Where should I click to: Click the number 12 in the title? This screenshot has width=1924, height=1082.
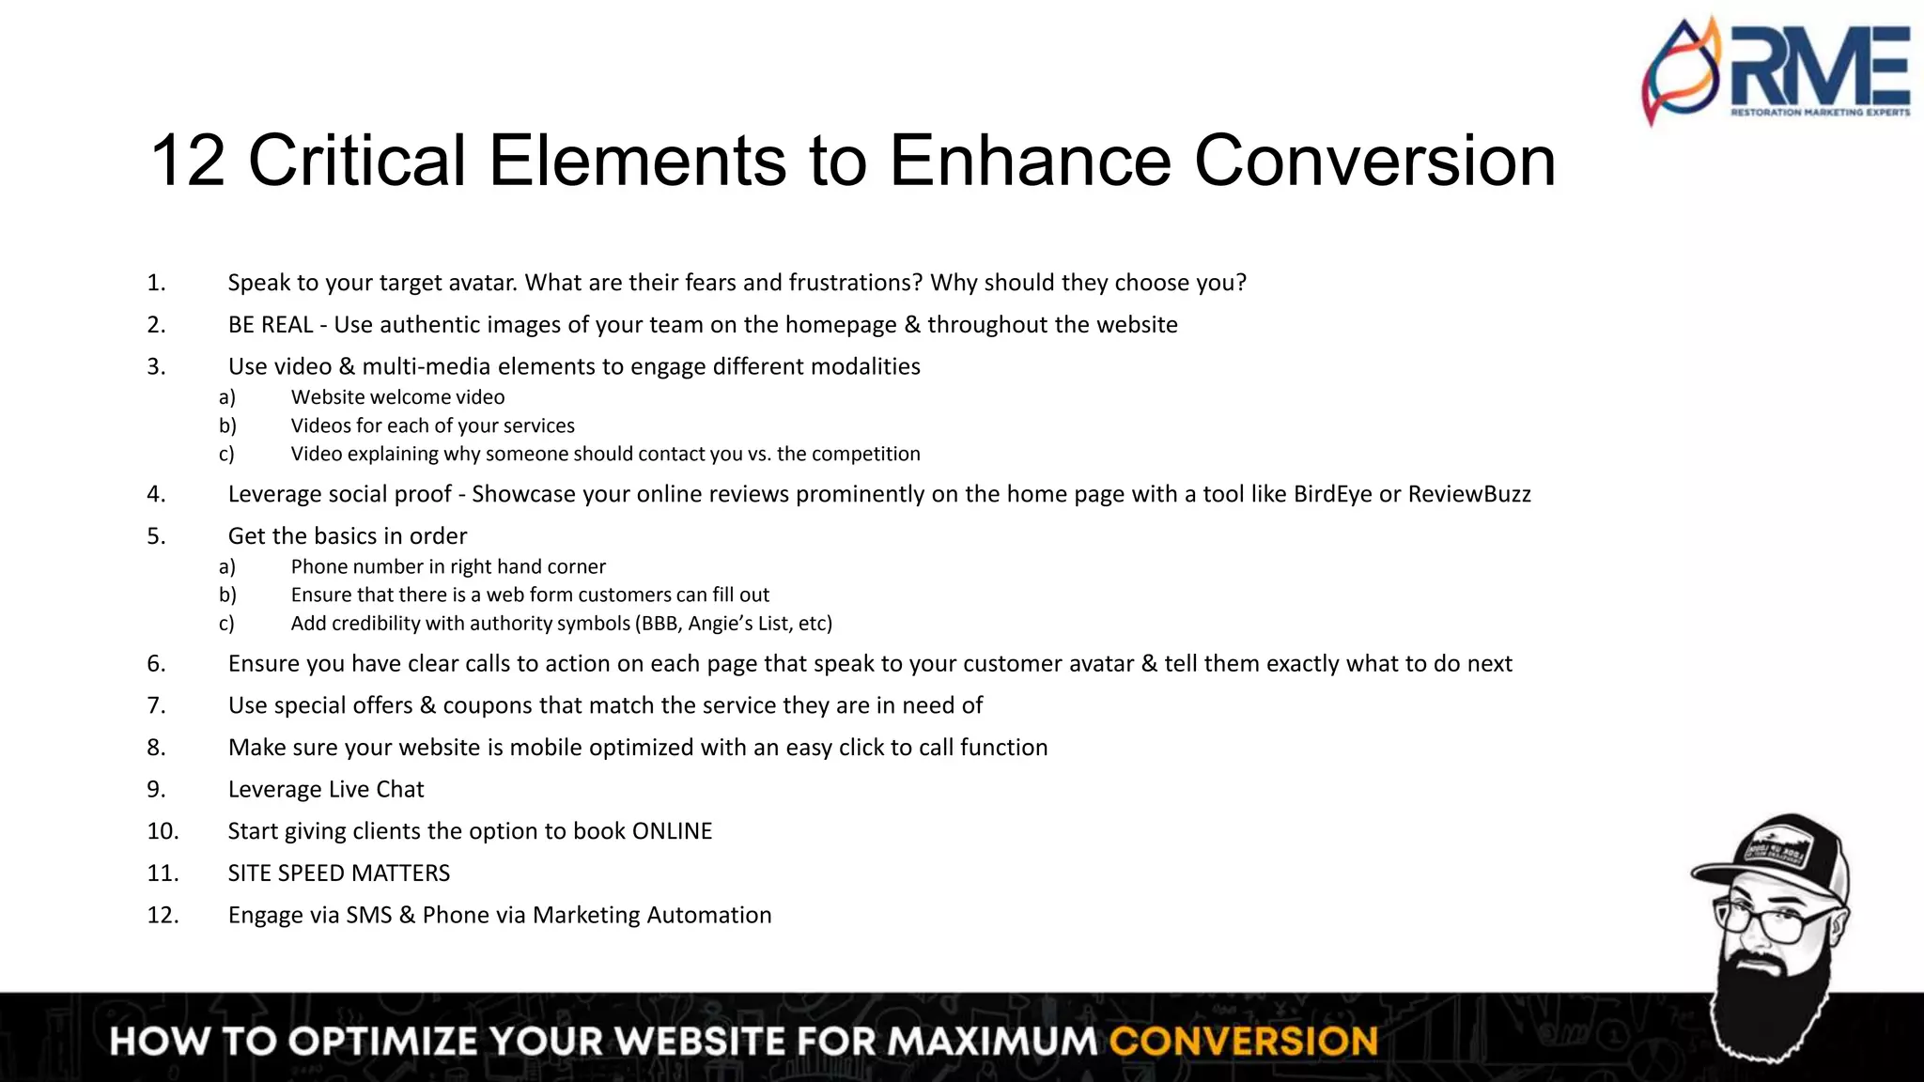tap(188, 161)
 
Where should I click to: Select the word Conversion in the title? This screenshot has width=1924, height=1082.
tap(1374, 161)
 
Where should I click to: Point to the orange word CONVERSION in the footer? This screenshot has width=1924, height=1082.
tap(1243, 1042)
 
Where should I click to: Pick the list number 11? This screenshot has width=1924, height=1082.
tap(163, 873)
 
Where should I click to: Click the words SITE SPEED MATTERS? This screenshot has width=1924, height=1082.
tap(339, 873)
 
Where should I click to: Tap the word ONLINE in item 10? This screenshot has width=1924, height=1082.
tap(672, 831)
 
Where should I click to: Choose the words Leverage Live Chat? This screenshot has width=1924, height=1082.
tap(326, 789)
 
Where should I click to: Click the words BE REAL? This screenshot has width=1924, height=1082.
tap(271, 325)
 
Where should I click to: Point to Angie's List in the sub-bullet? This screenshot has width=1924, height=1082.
tap(737, 624)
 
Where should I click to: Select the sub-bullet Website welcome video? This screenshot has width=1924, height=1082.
tap(397, 397)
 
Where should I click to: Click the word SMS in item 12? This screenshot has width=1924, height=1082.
tap(368, 916)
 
